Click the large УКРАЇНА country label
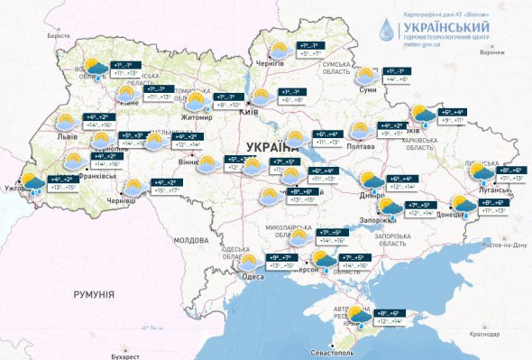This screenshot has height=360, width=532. click(271, 146)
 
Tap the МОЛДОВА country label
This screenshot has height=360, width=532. click(190, 241)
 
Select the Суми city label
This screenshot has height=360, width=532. click(366, 90)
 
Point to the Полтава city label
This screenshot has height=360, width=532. click(361, 146)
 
